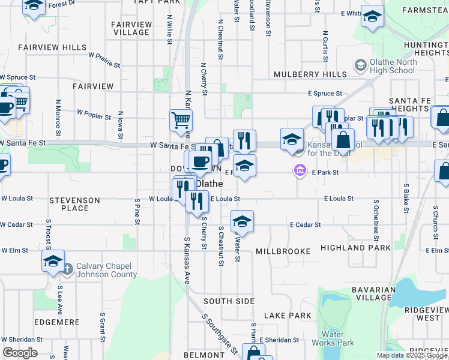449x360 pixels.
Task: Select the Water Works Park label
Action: point(333,338)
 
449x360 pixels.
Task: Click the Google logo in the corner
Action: point(20,353)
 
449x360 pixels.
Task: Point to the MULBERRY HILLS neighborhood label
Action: point(310,74)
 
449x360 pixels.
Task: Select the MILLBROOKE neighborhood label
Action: point(283,251)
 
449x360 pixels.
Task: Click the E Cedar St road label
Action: point(305,224)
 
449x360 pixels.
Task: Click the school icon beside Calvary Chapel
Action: point(53,262)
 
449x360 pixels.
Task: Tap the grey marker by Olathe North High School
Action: point(361,65)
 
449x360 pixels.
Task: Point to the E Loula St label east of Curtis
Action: point(339,198)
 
